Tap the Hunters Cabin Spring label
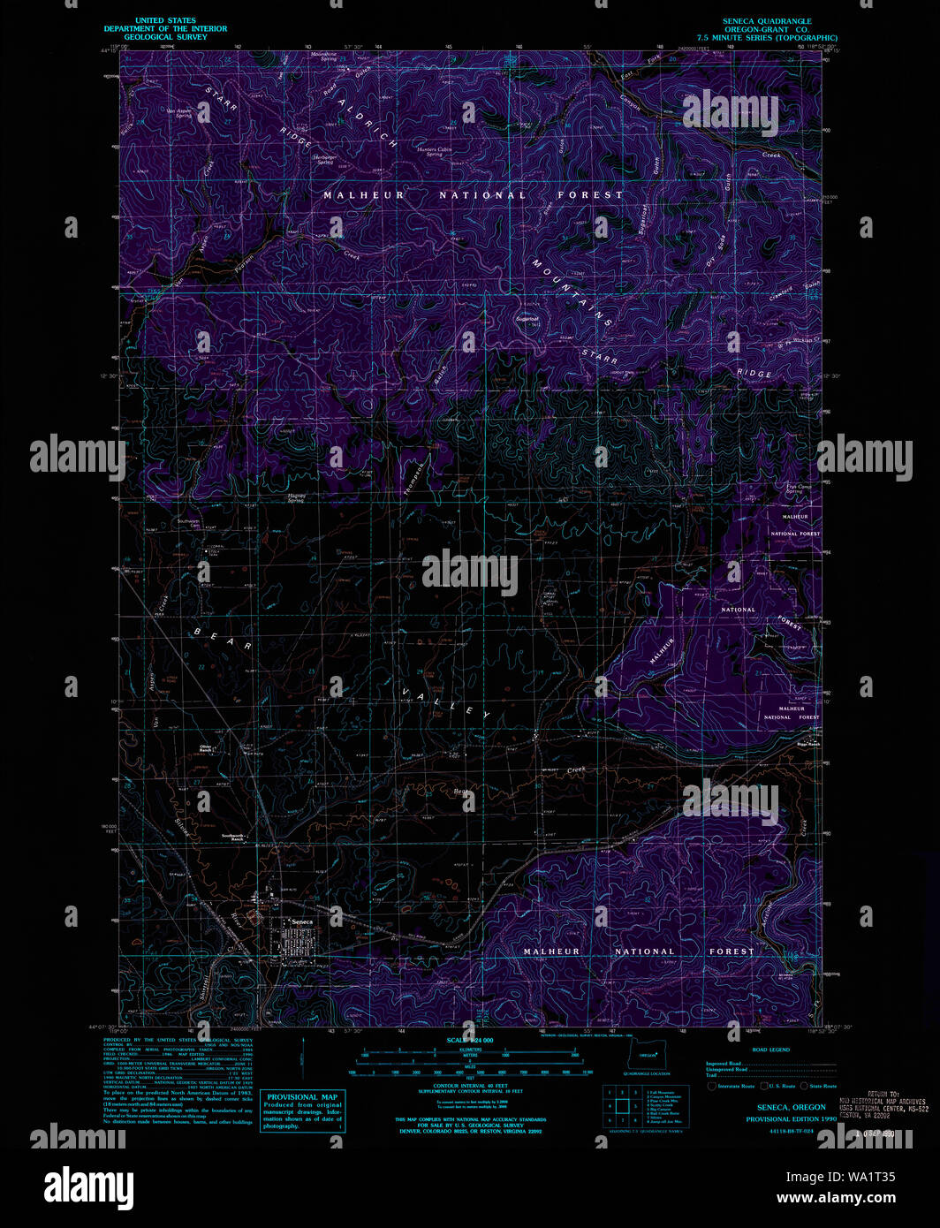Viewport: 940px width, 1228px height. click(x=434, y=151)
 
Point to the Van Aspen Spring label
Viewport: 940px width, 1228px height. click(x=180, y=113)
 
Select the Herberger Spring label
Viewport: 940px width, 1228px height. click(x=322, y=159)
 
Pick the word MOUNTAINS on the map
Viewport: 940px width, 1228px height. click(x=572, y=292)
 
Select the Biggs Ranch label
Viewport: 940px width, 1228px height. click(x=809, y=743)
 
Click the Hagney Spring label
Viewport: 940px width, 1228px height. click(x=297, y=498)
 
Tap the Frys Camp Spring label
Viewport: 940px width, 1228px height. click(x=793, y=489)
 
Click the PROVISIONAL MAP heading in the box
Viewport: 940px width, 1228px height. click(x=301, y=1096)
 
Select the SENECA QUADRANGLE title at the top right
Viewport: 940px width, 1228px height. click(x=766, y=21)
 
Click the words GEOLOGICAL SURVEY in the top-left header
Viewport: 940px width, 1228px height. click(x=165, y=37)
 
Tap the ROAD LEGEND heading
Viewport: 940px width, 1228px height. click(x=770, y=1050)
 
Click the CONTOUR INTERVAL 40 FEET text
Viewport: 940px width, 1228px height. click(x=470, y=1085)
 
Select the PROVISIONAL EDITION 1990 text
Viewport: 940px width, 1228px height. click(x=791, y=1118)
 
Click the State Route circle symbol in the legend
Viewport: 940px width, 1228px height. click(x=804, y=1086)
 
